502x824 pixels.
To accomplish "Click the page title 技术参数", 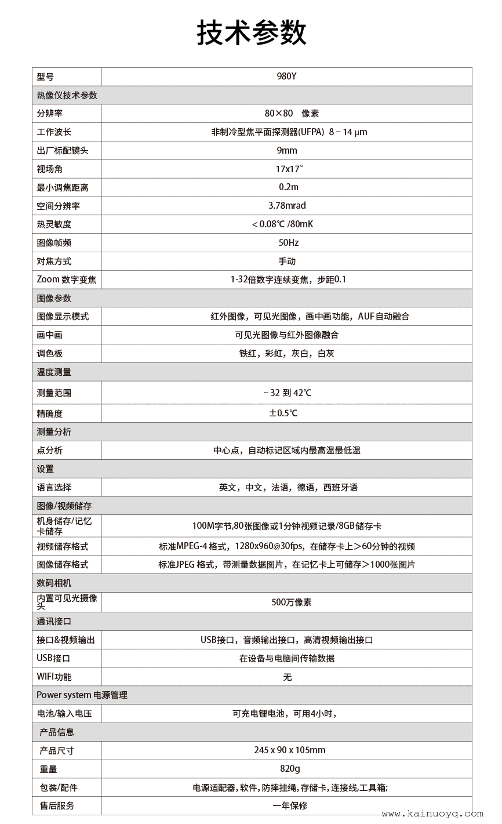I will point(251,32).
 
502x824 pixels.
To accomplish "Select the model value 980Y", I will point(286,77).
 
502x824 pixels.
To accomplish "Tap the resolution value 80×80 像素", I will point(292,114).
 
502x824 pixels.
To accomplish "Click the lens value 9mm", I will point(286,151).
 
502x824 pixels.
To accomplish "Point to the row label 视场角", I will point(49,169).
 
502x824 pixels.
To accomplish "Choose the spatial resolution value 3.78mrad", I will point(287,206).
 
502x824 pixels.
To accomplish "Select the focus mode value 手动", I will point(287,262).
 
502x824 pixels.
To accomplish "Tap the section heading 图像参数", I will point(54,298).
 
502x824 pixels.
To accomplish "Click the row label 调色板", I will point(49,354).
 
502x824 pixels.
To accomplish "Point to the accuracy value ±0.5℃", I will point(283,413).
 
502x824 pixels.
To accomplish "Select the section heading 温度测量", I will point(54,372).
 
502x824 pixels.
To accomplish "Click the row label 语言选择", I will point(54,488).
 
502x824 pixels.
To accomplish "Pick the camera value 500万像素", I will point(292,602).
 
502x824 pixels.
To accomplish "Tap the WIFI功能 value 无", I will point(287,677).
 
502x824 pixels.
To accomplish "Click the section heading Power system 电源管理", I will point(82,695).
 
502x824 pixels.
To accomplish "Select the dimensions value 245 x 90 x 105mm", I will point(290,750).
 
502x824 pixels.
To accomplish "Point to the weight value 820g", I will point(290,769).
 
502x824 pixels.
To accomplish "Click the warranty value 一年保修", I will point(290,806).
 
